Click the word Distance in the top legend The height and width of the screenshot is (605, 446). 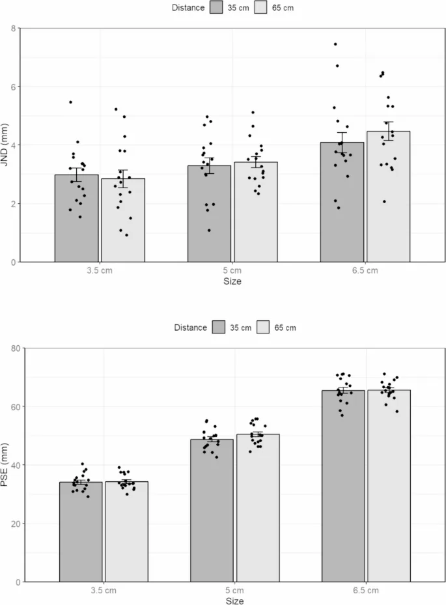[188, 8]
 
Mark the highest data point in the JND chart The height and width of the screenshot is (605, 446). [335, 44]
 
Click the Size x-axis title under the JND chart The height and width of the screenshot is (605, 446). [233, 282]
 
